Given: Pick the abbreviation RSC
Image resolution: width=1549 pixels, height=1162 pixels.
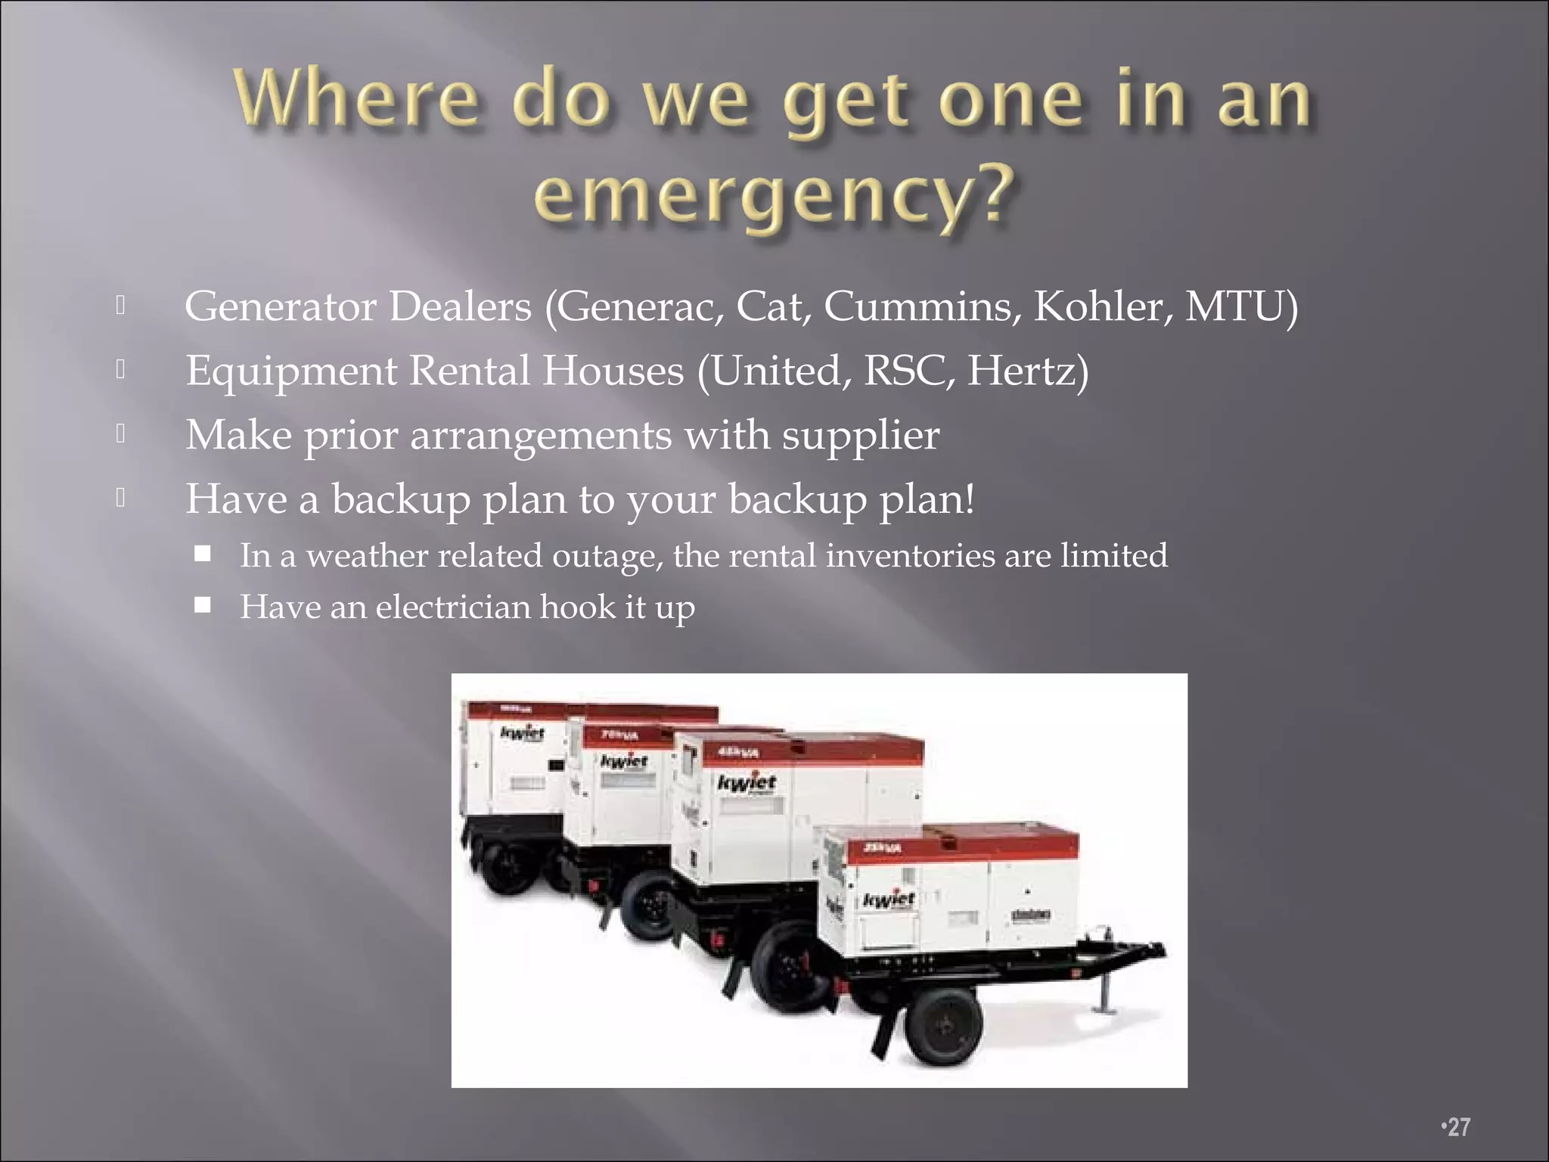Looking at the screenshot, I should coord(905,371).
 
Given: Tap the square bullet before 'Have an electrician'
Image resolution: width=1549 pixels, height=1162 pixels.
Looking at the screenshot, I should coord(202,605).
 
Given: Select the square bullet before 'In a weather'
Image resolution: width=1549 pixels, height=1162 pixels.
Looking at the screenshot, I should coord(202,554).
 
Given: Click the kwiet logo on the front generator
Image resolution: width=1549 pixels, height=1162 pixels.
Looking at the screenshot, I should coord(889,900).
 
